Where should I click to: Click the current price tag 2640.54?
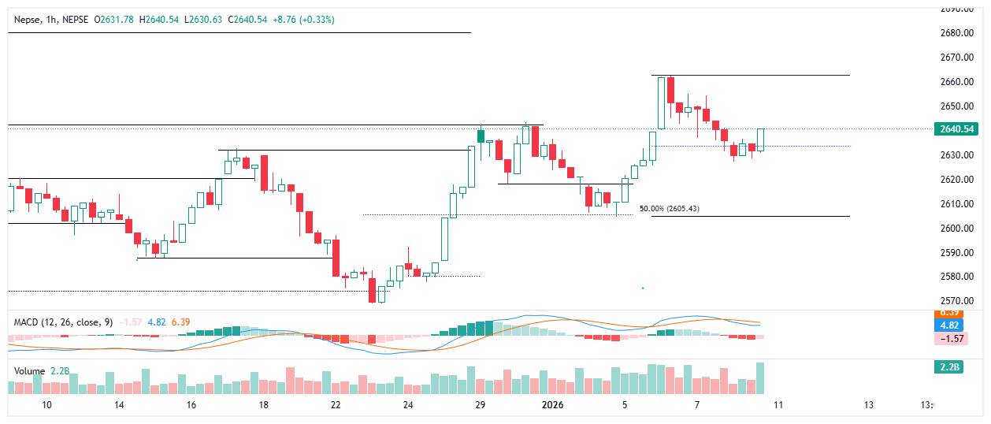tap(957, 129)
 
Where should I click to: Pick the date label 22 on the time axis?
tap(336, 405)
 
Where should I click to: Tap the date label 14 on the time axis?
tap(119, 405)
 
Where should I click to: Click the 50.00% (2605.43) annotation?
tap(669, 209)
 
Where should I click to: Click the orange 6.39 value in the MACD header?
tap(180, 322)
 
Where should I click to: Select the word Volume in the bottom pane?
tap(28, 370)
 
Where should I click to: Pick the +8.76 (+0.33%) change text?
tap(303, 19)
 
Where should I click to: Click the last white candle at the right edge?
tap(761, 139)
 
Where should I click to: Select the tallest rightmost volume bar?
tap(761, 378)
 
